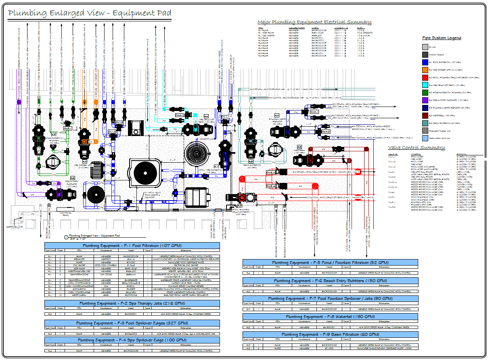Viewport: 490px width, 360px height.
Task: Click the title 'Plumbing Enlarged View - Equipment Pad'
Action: coord(89,13)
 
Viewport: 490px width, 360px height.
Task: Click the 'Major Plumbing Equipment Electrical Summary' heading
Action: coord(314,22)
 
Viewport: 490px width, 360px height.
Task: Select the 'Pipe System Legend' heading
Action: coord(442,38)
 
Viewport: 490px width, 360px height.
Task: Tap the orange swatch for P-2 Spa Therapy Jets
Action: coord(425,70)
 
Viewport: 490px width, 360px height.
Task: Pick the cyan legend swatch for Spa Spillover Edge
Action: coord(425,85)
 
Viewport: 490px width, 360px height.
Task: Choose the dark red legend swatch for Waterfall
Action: coord(425,115)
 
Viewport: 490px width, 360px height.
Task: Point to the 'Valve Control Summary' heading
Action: coord(416,148)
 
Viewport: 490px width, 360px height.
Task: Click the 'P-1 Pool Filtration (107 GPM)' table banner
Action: coord(132,245)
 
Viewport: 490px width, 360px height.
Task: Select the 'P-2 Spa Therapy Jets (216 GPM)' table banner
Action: coord(132,303)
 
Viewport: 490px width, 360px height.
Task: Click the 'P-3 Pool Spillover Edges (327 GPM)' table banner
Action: coord(132,323)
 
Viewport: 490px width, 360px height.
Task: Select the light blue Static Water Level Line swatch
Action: coord(425,138)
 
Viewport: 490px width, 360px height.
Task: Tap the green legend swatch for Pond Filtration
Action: coord(425,92)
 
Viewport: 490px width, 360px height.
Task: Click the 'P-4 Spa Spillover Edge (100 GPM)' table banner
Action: coord(132,340)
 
